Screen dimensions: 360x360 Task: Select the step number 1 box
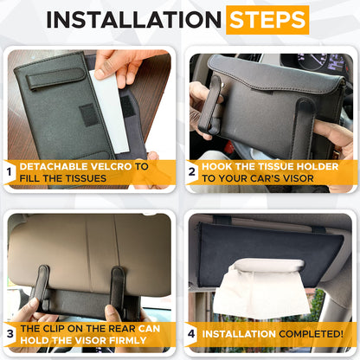point(9,171)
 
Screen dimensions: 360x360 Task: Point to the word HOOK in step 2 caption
point(219,165)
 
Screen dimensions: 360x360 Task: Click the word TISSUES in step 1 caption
point(90,177)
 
